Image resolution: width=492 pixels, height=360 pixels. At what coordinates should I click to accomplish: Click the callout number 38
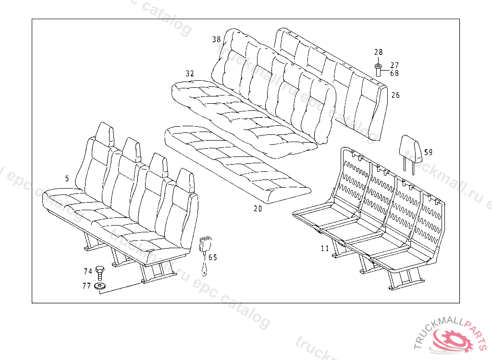point(216,40)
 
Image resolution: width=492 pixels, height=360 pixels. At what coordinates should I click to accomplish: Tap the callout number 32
point(190,73)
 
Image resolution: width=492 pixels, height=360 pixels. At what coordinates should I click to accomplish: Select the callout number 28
point(378,52)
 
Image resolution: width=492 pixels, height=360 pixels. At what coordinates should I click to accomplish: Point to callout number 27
point(394,65)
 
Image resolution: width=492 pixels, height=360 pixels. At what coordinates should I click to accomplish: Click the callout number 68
point(394,73)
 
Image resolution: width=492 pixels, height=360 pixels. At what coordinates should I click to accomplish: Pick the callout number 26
point(395,96)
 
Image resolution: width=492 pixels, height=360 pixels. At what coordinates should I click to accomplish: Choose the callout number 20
point(258,209)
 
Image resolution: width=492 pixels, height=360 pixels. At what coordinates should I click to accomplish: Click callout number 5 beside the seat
point(67,179)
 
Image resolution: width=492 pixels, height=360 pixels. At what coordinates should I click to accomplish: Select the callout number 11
point(325,249)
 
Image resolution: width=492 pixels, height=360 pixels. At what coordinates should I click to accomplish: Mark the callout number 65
point(213,258)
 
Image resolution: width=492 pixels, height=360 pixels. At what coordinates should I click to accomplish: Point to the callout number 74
point(87,272)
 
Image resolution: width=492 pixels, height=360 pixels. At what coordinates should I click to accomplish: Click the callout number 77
point(86,286)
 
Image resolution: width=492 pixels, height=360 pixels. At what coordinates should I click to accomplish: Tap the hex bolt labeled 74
point(100,273)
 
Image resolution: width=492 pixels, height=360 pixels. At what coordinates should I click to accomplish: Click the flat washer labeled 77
point(100,286)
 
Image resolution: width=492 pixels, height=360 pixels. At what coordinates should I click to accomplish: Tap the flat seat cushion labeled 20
point(235,163)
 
